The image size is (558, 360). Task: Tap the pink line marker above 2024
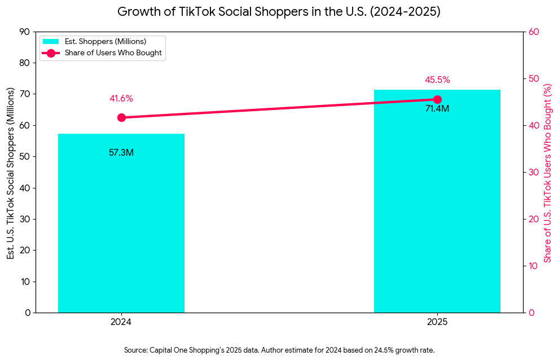[121, 117]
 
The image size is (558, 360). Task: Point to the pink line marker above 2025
[437, 99]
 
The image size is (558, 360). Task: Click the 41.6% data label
[121, 99]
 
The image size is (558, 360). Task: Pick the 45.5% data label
[437, 80]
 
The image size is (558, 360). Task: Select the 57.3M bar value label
[121, 152]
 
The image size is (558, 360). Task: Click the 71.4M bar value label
[437, 108]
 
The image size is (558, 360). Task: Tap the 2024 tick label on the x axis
[121, 322]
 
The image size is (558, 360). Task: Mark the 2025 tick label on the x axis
[437, 322]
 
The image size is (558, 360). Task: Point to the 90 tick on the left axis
[25, 32]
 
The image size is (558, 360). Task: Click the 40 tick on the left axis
[25, 188]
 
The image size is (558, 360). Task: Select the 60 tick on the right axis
[534, 32]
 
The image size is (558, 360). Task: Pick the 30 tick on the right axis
[534, 172]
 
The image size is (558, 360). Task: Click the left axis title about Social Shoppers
[11, 172]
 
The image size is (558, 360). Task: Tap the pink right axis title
[547, 172]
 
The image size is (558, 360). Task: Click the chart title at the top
[279, 12]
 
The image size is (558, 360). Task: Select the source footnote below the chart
[279, 350]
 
